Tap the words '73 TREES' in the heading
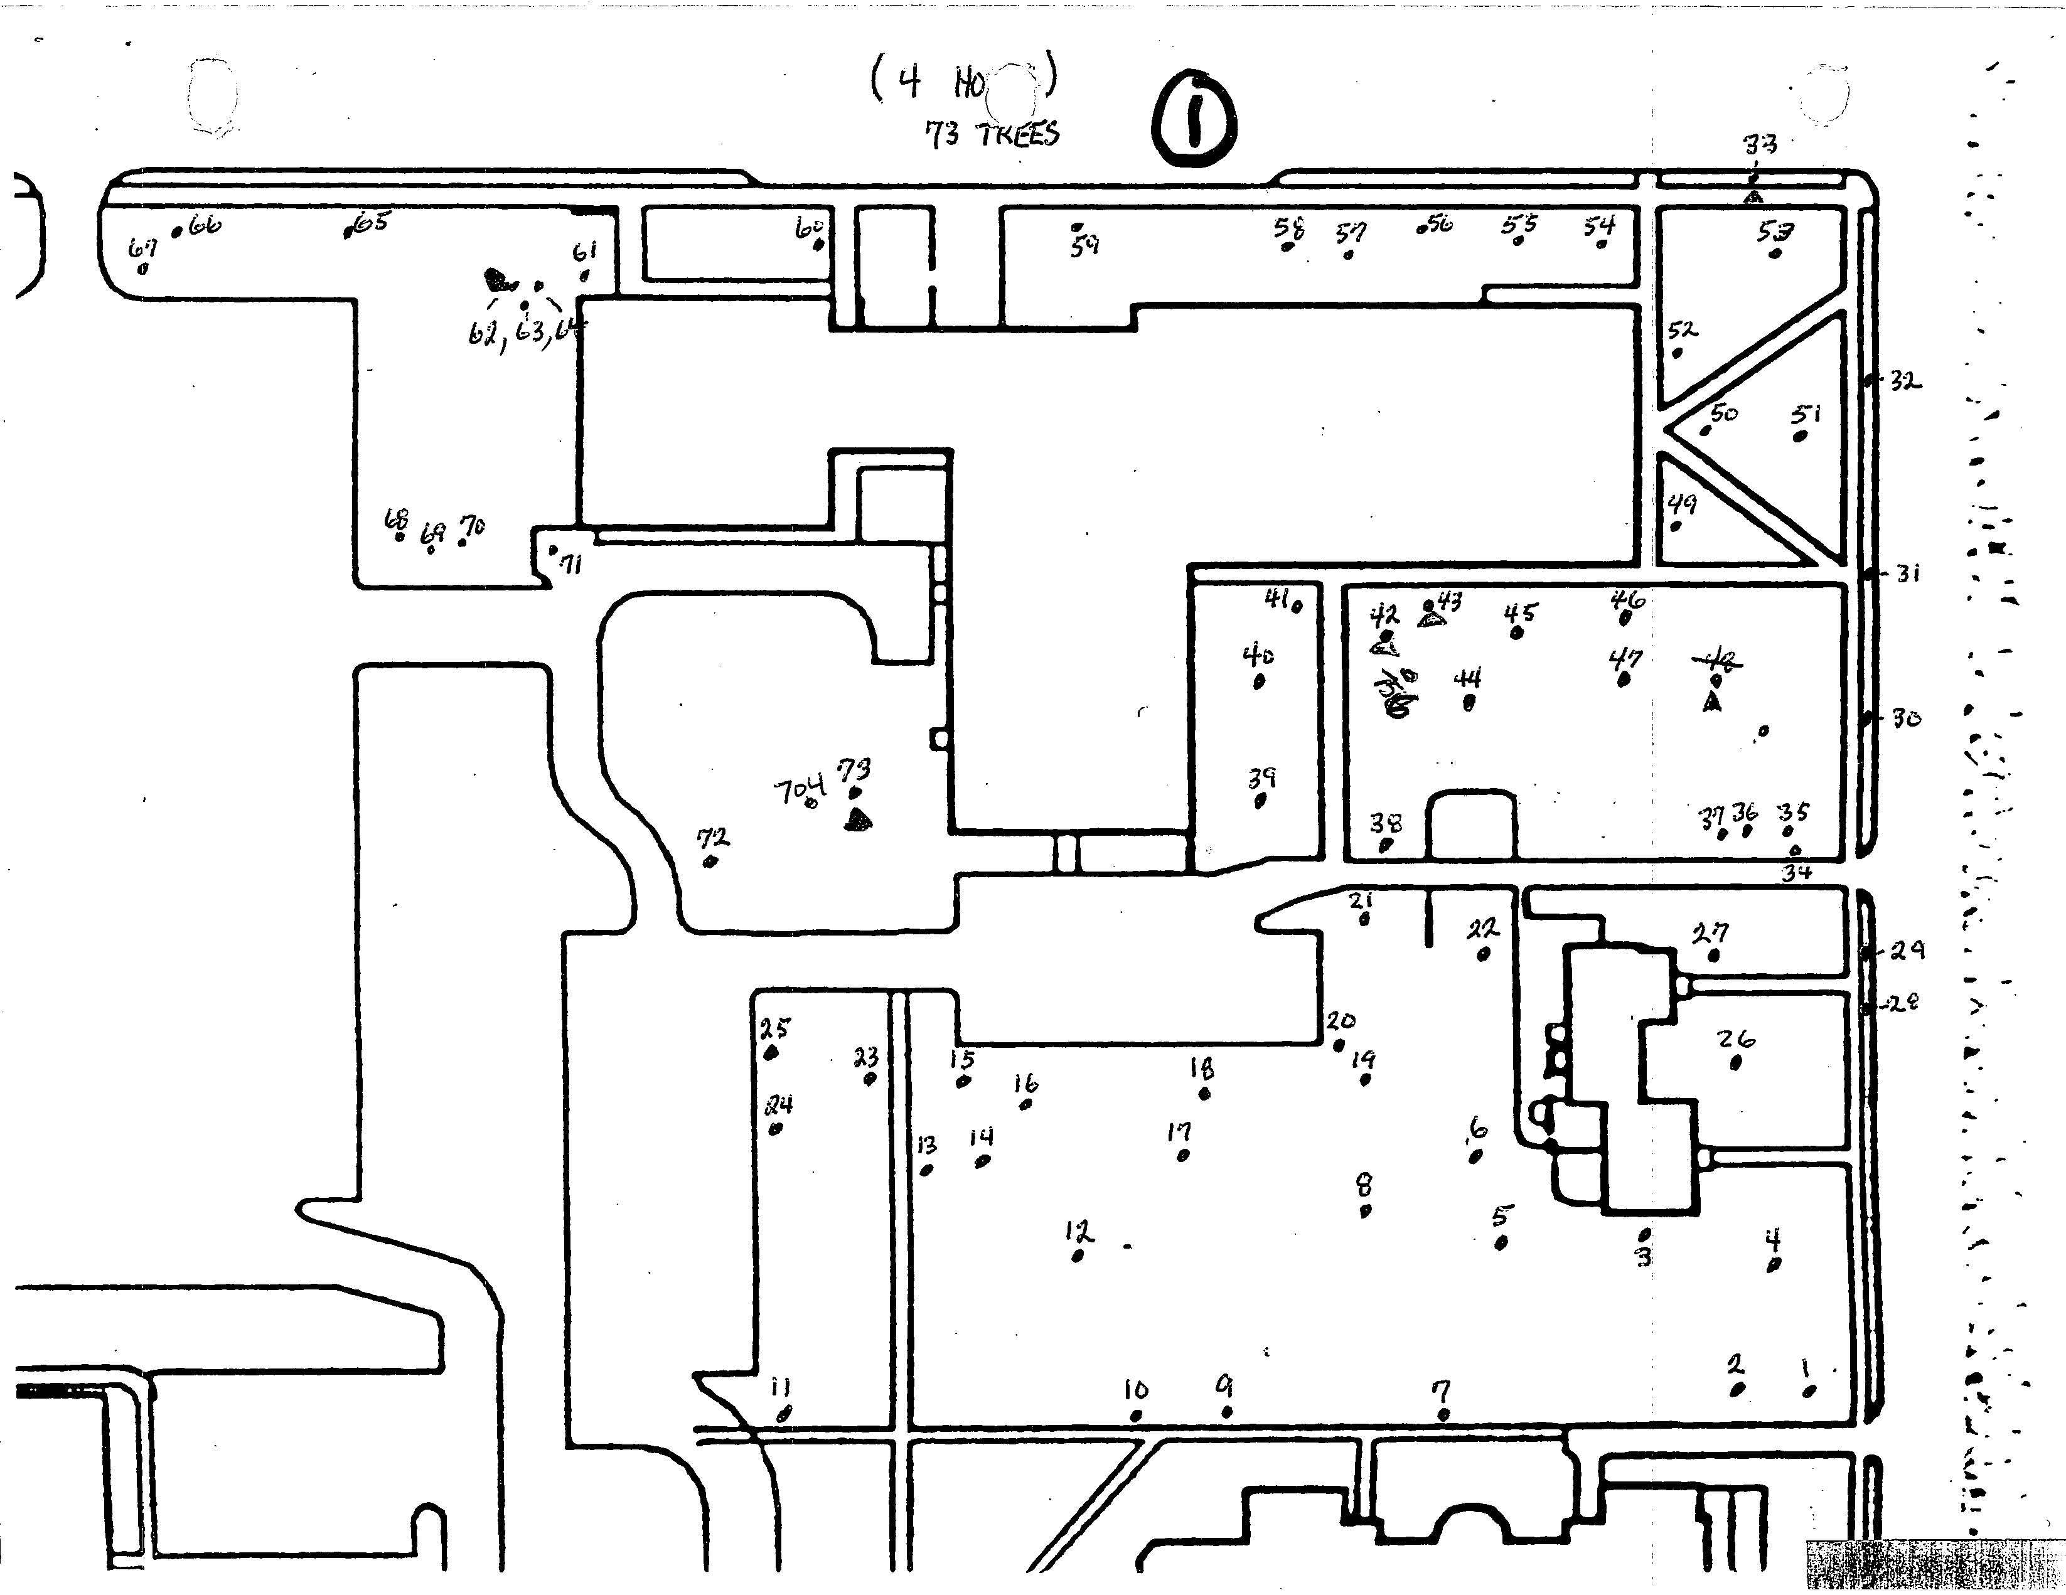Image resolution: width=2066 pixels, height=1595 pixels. point(992,134)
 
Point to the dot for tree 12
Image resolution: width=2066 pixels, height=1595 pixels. point(1078,1256)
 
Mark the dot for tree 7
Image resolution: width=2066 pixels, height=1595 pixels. point(1443,1414)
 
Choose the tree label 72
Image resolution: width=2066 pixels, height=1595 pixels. point(714,837)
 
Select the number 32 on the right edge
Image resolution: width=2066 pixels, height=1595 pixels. point(1905,381)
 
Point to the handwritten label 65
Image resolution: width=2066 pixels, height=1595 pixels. point(372,221)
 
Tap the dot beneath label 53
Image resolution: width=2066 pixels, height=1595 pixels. point(1775,253)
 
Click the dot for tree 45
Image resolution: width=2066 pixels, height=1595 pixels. point(1517,633)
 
